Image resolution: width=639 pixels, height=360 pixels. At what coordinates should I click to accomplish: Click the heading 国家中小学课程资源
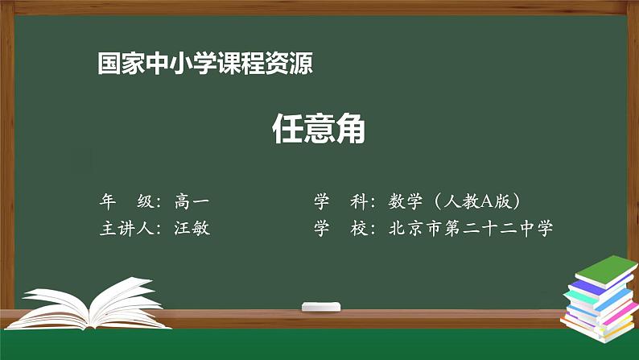click(204, 64)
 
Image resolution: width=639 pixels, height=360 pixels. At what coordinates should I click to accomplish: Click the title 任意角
click(319, 128)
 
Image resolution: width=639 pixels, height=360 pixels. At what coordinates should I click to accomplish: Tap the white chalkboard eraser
click(321, 307)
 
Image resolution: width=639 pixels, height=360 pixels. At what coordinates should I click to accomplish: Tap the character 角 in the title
click(351, 128)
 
